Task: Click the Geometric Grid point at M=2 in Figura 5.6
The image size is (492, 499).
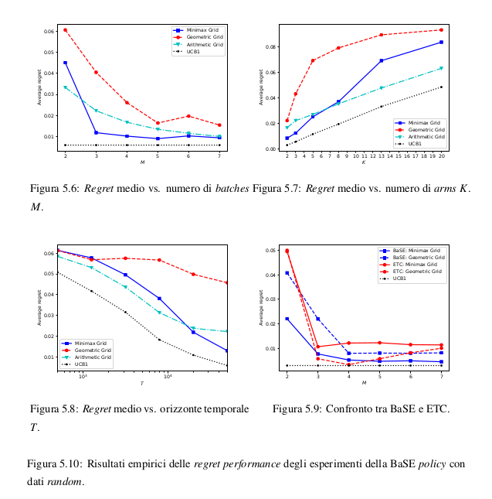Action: (65, 30)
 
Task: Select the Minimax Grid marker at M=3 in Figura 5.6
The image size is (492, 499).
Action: (96, 132)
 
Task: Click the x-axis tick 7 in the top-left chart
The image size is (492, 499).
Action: (219, 156)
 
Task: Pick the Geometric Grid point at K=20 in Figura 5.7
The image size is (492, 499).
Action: (441, 30)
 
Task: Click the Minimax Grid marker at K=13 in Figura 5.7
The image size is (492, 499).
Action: (382, 60)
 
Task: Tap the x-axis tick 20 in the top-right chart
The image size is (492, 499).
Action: (441, 156)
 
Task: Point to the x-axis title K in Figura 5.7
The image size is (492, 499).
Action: (364, 162)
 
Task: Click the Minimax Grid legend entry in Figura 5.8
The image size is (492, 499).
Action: (91, 343)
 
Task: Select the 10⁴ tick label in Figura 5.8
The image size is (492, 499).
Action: (168, 377)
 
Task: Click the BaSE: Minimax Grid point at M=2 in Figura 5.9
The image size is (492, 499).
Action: (287, 319)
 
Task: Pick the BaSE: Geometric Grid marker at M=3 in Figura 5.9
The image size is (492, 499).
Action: (317, 319)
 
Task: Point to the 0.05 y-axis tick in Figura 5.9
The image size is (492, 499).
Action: (271, 251)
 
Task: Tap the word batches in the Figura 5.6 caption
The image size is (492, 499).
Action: (232, 189)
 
